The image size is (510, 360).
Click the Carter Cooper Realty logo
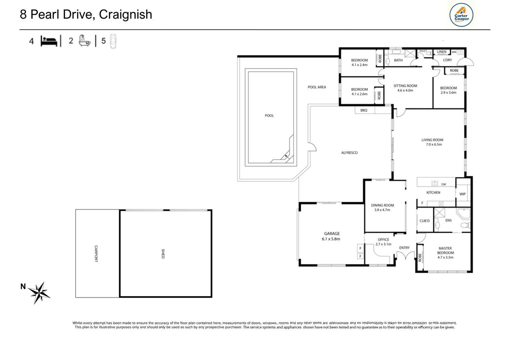(461, 15)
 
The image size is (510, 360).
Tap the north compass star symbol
(39, 292)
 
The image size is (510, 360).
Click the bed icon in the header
(49, 41)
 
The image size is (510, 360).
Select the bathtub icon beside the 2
(84, 41)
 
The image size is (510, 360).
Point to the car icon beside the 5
(113, 41)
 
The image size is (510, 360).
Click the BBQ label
(364, 110)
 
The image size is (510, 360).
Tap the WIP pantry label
(462, 194)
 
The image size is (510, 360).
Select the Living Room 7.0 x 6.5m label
(432, 142)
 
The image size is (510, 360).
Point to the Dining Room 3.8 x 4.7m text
(382, 208)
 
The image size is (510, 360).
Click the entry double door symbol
(405, 256)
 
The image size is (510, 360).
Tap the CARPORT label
(96, 254)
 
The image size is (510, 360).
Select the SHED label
(163, 254)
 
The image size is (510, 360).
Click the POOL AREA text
(317, 87)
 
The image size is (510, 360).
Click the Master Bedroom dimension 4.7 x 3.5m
(445, 257)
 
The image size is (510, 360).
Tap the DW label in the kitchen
(443, 184)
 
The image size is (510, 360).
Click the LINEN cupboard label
(441, 52)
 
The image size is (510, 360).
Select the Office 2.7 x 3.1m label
(383, 242)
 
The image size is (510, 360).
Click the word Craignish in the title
(125, 14)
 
